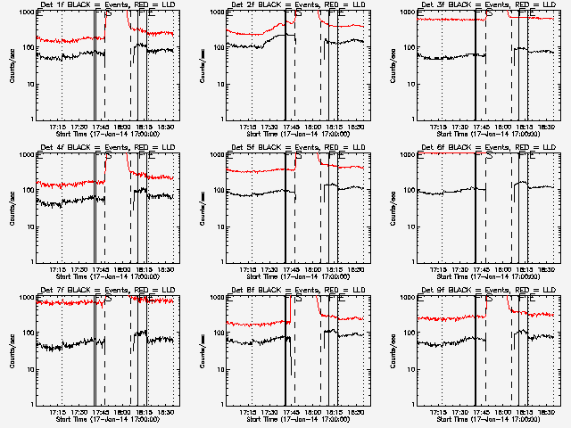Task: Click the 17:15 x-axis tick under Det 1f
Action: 61,127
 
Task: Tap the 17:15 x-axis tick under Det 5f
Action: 251,269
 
